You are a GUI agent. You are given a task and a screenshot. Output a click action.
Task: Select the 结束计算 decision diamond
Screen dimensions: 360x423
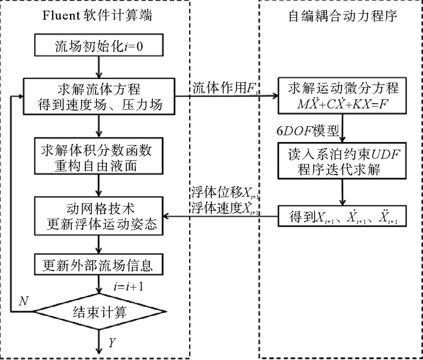[98, 312]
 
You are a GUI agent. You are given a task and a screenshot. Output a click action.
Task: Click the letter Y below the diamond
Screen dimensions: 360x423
[112, 344]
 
